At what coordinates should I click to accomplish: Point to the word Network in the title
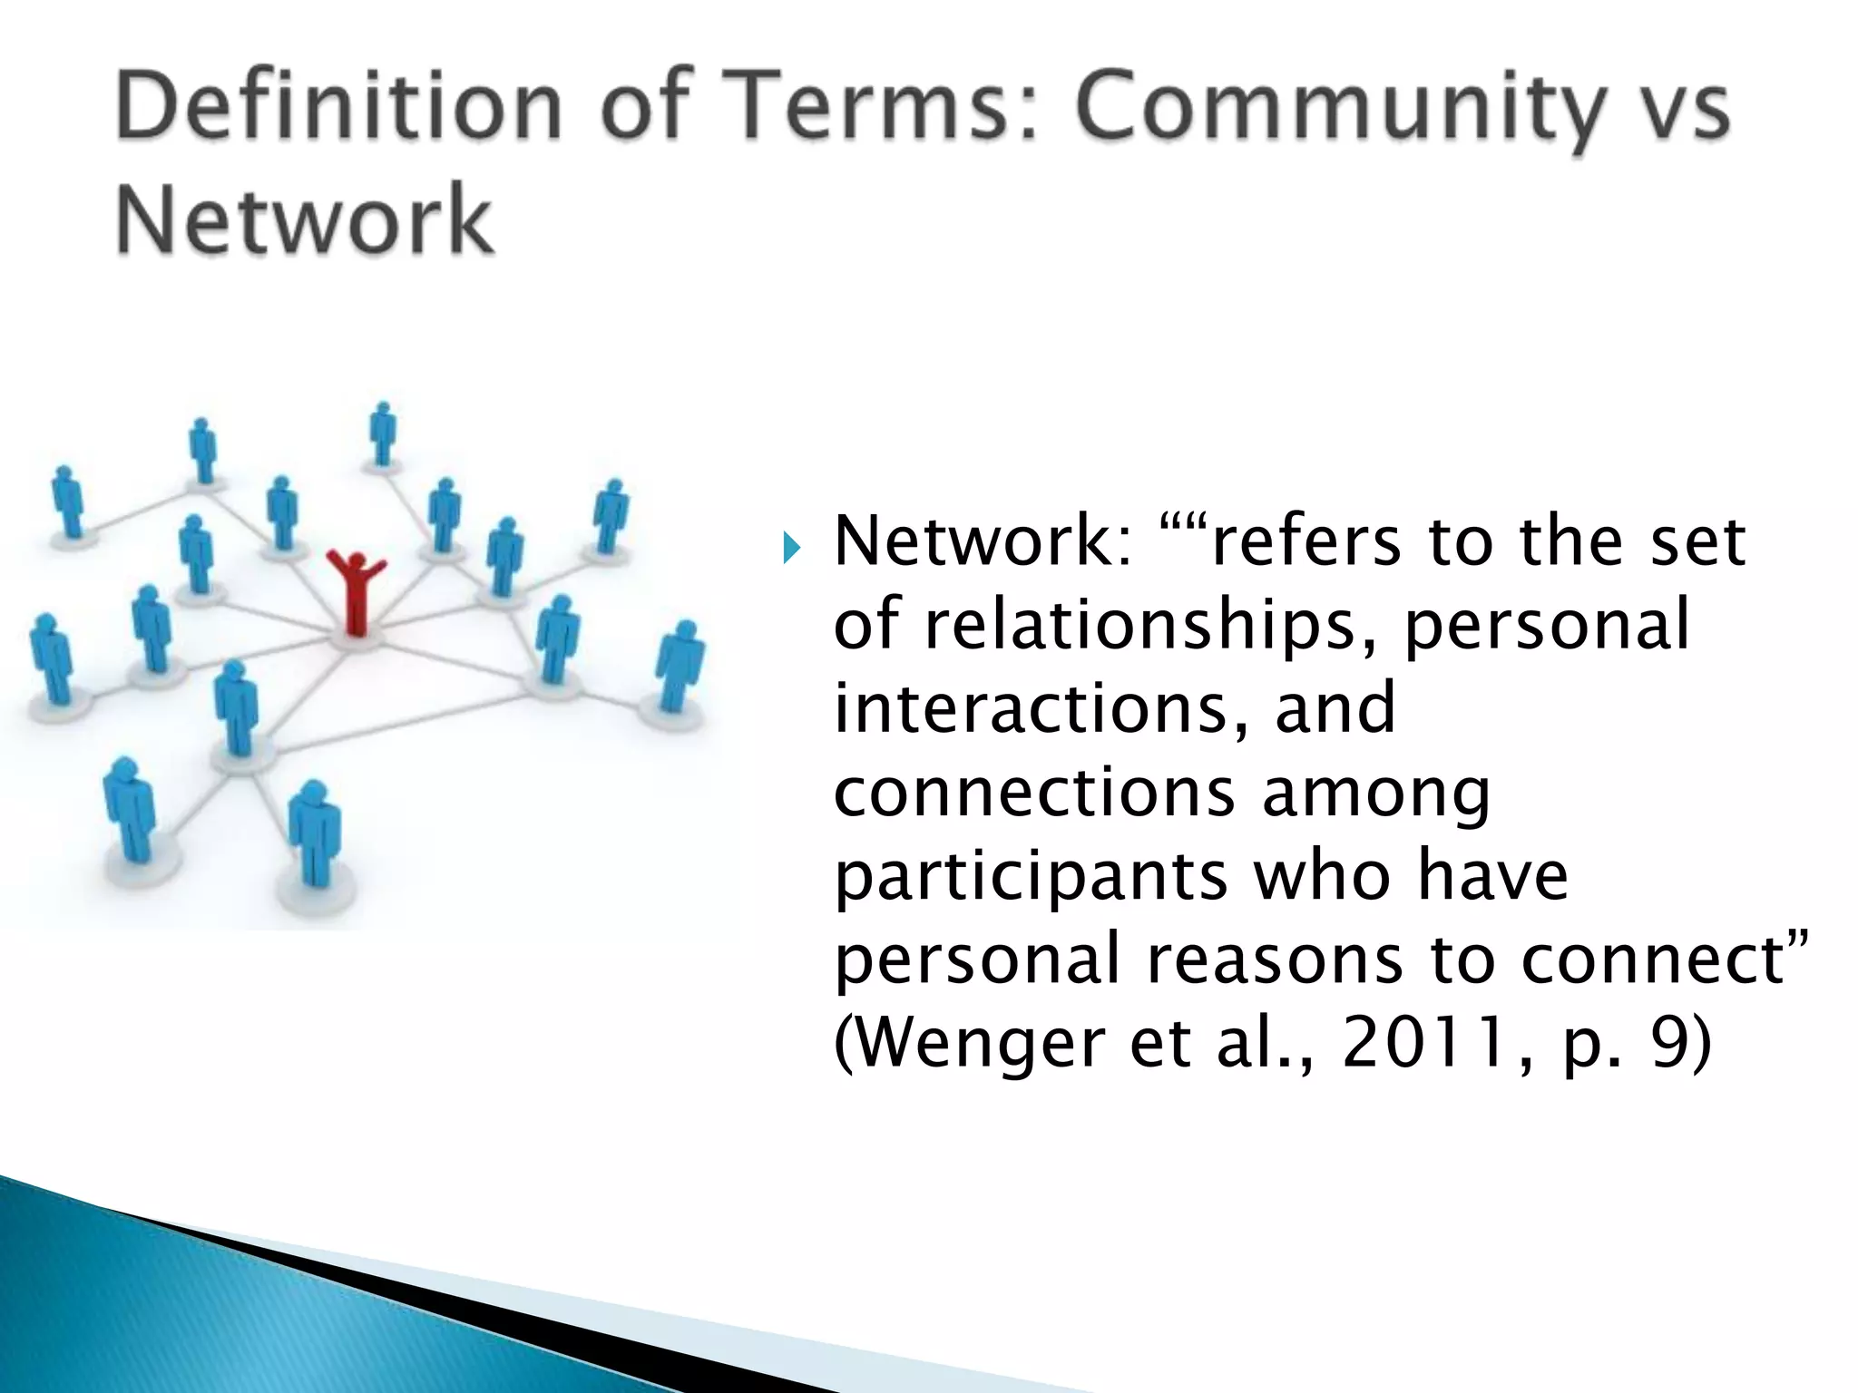(x=305, y=219)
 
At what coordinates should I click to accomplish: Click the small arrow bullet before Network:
(x=791, y=548)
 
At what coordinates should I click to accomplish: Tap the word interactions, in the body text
(x=1041, y=708)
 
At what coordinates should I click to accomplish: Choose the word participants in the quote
(x=1031, y=878)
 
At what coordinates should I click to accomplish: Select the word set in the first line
(x=1697, y=541)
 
